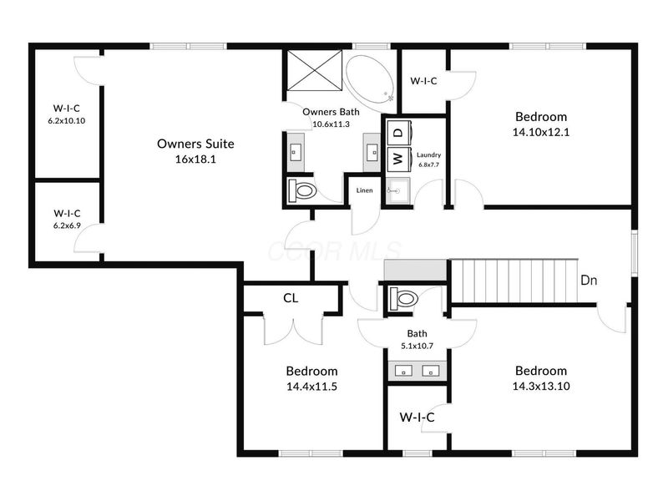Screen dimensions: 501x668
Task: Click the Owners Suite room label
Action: click(x=195, y=144)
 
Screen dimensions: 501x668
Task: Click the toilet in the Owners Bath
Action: click(x=302, y=191)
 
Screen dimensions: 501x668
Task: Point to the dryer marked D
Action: click(x=397, y=132)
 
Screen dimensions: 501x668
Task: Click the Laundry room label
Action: click(x=429, y=154)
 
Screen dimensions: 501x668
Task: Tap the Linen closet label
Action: click(x=364, y=191)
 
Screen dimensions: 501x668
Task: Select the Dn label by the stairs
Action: click(x=589, y=281)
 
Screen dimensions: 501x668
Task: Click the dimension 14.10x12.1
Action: click(x=540, y=132)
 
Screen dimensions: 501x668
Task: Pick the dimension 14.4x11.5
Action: click(x=311, y=387)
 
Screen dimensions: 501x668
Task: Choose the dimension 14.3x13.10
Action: click(x=540, y=387)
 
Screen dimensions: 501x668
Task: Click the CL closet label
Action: click(x=291, y=298)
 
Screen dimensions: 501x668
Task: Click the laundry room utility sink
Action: click(x=397, y=190)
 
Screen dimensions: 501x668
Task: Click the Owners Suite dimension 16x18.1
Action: click(x=195, y=159)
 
